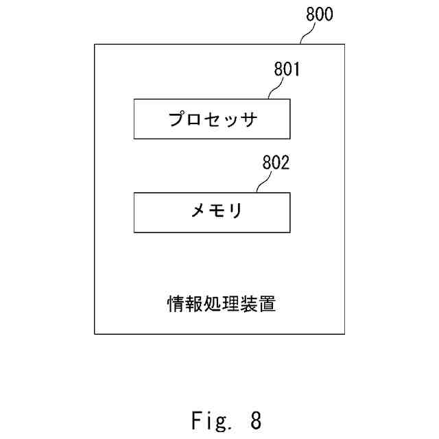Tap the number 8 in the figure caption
click(255, 419)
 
